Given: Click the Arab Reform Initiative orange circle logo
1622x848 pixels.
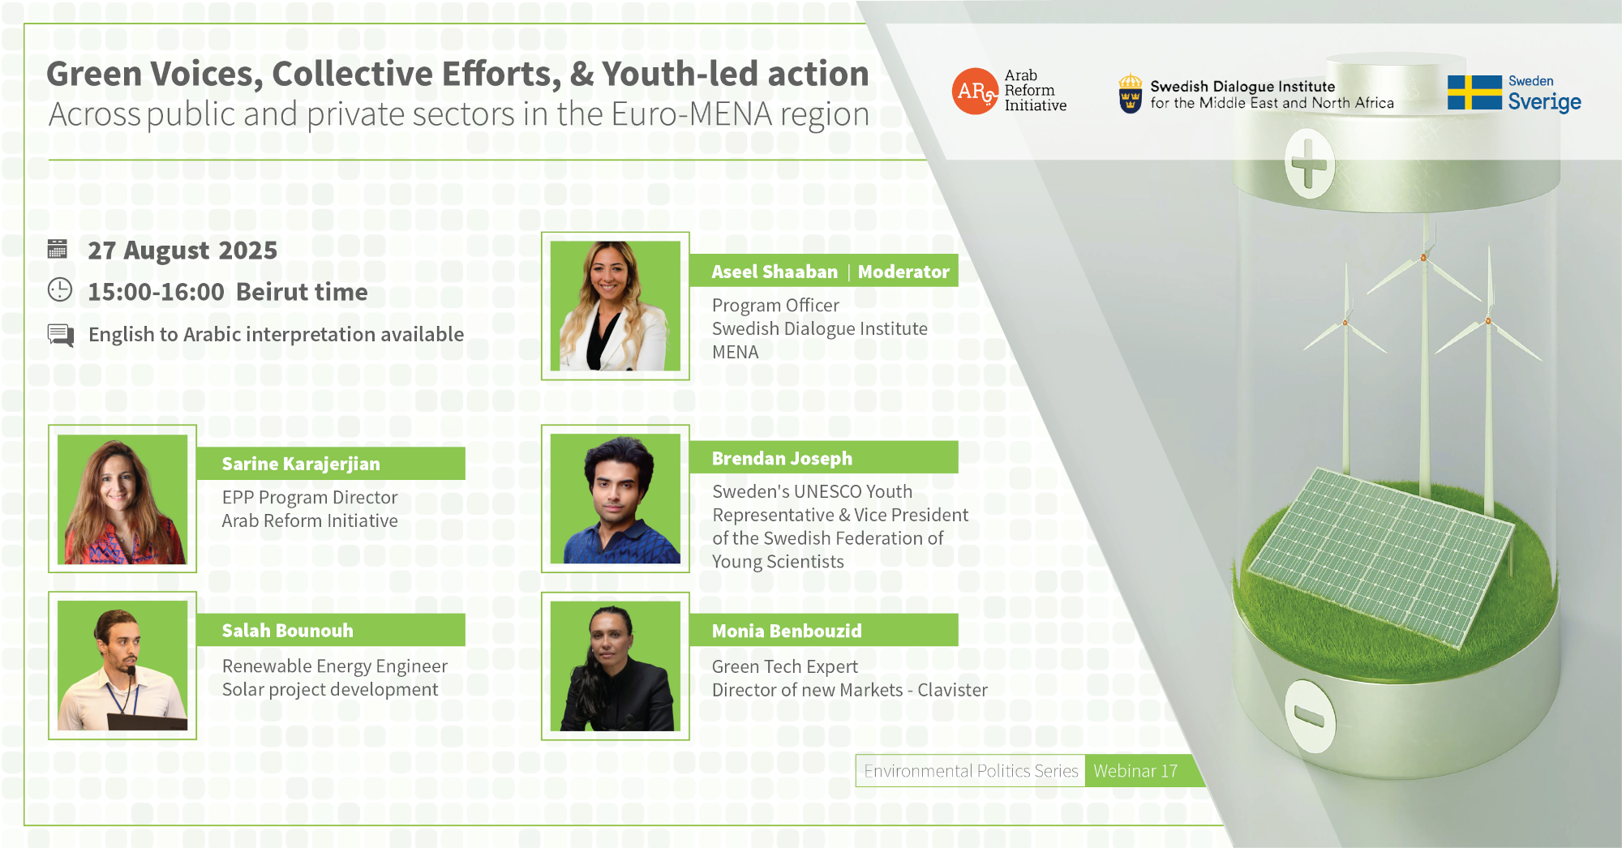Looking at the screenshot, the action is click(x=974, y=91).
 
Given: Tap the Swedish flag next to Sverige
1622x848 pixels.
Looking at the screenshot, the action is click(x=1474, y=92).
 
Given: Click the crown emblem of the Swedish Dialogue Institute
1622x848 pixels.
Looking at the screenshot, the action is click(x=1130, y=93).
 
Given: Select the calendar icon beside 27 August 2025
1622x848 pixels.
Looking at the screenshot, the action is click(x=58, y=249).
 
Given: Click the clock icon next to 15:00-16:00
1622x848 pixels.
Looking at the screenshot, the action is click(x=60, y=290).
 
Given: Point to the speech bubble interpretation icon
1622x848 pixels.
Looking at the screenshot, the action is click(x=61, y=335).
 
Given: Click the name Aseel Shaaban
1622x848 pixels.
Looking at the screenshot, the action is click(x=775, y=272).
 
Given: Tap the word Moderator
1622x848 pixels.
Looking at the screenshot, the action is click(x=903, y=272).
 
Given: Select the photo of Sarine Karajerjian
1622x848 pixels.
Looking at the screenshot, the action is click(x=122, y=499).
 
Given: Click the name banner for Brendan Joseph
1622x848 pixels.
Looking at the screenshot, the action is click(x=824, y=458).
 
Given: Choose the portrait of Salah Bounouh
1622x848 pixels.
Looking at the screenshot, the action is click(x=122, y=666).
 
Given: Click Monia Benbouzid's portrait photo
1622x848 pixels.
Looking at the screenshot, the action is click(x=616, y=666).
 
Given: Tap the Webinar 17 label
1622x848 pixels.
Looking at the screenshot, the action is click(x=1135, y=771).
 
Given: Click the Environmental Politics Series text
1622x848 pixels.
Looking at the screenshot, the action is click(x=971, y=771).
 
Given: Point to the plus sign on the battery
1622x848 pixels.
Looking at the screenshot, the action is click(x=1309, y=165).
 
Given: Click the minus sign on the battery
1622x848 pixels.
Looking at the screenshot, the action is click(x=1309, y=717).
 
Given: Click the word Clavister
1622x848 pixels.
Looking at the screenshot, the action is click(x=952, y=690).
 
